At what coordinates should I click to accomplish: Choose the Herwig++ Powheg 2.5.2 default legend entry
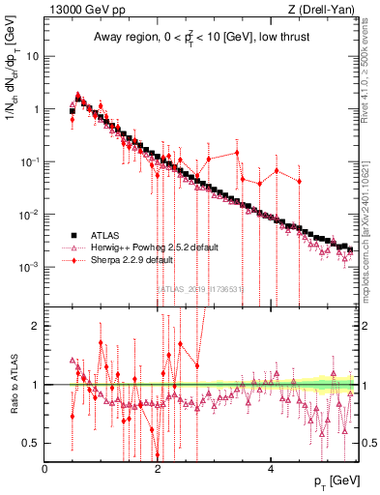coord(146,247)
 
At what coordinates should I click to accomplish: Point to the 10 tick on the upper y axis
coord(34,56)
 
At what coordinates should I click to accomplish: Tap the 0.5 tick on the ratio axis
coord(32,443)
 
